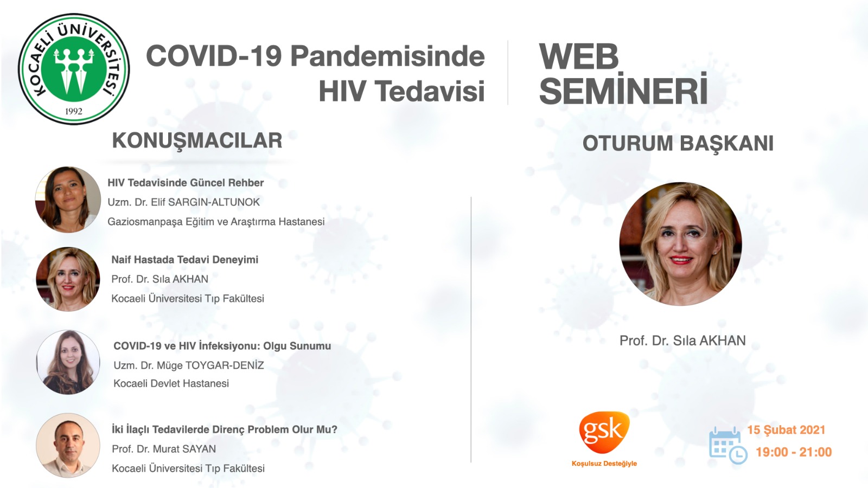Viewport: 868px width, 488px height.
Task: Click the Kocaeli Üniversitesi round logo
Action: coord(74,69)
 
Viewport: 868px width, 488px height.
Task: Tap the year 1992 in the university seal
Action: coord(74,112)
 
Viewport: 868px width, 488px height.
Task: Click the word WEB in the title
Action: coord(578,56)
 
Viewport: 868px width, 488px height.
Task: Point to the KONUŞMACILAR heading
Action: coord(197,141)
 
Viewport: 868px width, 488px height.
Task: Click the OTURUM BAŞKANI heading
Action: coord(678,143)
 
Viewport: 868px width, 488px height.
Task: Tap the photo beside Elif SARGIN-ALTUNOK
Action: coord(68,200)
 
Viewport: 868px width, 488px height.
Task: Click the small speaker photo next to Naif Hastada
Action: coord(68,279)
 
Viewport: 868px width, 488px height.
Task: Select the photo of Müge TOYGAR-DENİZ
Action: coord(68,362)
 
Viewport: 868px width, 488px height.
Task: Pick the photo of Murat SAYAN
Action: coord(68,445)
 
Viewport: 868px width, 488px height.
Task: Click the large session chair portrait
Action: coord(680,244)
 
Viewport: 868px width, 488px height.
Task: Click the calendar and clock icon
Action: coord(728,445)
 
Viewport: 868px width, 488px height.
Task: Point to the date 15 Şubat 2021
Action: coord(786,430)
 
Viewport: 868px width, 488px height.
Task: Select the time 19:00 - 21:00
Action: coord(794,452)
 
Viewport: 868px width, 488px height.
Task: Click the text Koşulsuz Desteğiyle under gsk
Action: coord(604,464)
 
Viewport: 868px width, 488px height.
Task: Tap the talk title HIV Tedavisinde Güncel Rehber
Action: coord(186,183)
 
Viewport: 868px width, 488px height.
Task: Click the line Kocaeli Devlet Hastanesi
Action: coord(171,383)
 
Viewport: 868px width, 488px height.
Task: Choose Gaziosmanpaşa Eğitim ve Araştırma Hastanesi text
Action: coord(216,222)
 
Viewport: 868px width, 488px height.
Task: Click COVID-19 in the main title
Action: coord(214,56)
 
